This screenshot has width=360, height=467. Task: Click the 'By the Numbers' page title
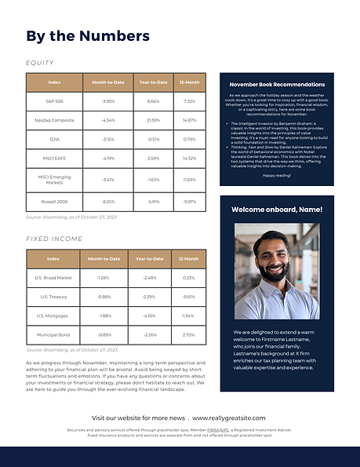[87, 36]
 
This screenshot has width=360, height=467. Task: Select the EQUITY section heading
[40, 63]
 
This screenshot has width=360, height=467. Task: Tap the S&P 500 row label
[54, 101]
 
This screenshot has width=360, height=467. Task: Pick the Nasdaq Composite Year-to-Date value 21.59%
[153, 120]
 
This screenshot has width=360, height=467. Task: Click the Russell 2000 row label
[54, 201]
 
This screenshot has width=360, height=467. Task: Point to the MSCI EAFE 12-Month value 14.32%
[189, 159]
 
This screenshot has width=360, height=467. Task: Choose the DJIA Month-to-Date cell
[108, 140]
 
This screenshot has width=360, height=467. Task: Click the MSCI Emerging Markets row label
[54, 180]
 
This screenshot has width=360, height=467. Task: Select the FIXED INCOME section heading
[54, 238]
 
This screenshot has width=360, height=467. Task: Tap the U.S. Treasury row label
[54, 297]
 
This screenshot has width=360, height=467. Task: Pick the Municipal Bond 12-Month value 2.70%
[188, 335]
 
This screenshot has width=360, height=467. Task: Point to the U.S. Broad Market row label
[54, 278]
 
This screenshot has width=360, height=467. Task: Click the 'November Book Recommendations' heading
[276, 84]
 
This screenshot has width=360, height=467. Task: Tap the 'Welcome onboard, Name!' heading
[276, 210]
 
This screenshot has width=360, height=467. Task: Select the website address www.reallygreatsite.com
[229, 418]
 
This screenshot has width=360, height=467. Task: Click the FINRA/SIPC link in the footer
[229, 430]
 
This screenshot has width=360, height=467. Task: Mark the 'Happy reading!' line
[275, 175]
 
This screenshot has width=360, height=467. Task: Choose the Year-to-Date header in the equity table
[153, 82]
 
